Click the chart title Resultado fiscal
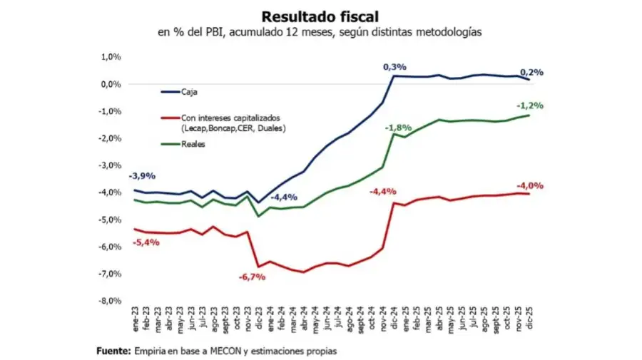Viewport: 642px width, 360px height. click(x=320, y=16)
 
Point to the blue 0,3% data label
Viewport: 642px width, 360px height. click(x=394, y=67)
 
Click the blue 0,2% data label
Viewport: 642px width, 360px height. click(x=531, y=72)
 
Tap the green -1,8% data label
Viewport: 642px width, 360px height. click(x=397, y=128)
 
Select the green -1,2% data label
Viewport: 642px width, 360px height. click(x=530, y=106)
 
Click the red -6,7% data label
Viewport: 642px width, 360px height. click(x=253, y=276)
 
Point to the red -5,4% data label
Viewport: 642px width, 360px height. click(x=146, y=242)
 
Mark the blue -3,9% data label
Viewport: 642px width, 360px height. click(x=142, y=176)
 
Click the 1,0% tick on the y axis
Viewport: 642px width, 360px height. click(x=111, y=57)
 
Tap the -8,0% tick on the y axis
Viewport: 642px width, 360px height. click(x=110, y=301)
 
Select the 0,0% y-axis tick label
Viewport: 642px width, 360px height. click(x=111, y=84)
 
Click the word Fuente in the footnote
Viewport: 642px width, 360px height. click(x=113, y=351)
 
